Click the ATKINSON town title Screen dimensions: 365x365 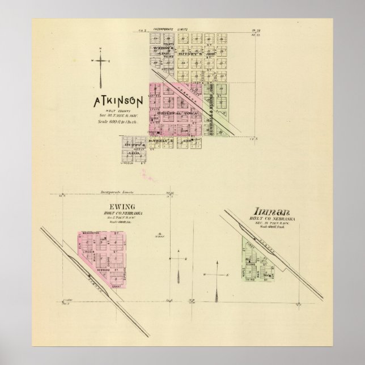tap(118, 104)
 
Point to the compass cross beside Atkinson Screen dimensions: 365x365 tap(100, 62)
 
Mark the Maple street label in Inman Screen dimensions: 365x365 tap(244, 266)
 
